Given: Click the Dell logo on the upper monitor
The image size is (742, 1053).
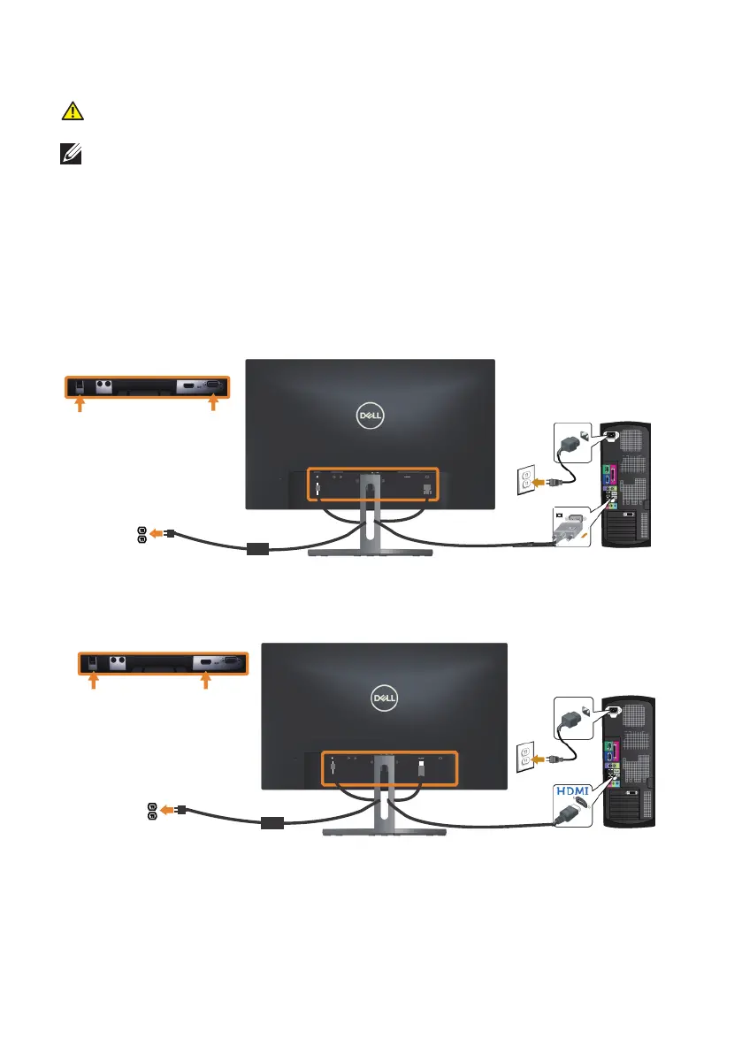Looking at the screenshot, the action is click(370, 416).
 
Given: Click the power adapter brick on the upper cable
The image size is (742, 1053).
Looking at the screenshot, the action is click(257, 549).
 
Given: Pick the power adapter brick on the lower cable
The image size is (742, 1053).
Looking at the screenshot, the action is click(272, 823).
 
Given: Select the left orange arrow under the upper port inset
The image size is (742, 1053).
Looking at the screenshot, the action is click(80, 404).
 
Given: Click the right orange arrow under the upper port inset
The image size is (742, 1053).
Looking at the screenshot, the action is click(212, 404).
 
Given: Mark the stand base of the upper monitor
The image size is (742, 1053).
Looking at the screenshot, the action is click(371, 553).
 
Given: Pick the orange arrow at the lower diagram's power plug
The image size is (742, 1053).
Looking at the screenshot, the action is click(167, 808).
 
